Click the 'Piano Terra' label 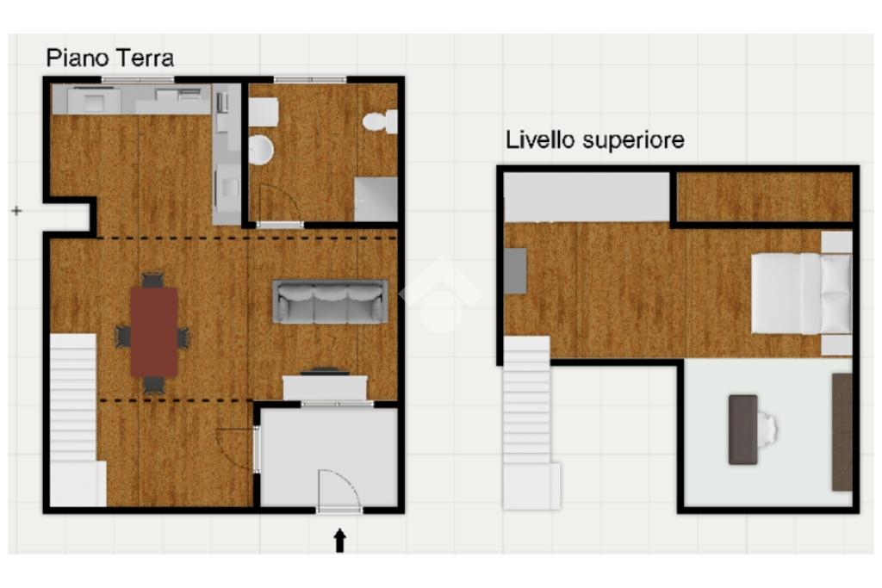[x=109, y=58]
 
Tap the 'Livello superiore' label [x=594, y=140]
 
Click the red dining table [x=154, y=331]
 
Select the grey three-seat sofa [x=330, y=301]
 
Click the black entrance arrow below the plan [x=339, y=540]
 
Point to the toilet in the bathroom [x=380, y=121]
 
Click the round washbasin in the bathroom [x=261, y=150]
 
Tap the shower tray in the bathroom [x=376, y=199]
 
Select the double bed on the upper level [x=802, y=293]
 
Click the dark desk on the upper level [x=742, y=430]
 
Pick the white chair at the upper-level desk [x=767, y=430]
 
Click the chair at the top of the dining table [x=153, y=280]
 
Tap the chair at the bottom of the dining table [x=153, y=385]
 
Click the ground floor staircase [x=75, y=420]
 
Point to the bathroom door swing [x=279, y=204]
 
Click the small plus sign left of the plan [x=17, y=211]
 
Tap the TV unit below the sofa [x=325, y=387]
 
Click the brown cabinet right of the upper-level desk [x=842, y=431]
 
